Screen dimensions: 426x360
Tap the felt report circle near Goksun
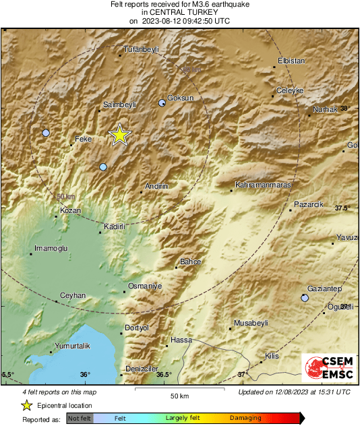point(162,103)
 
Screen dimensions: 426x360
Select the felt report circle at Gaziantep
point(305,297)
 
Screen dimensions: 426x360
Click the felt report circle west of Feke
point(46,133)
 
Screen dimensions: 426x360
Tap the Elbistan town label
point(291,61)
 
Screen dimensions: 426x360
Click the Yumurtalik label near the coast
point(71,345)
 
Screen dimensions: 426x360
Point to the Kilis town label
point(272,355)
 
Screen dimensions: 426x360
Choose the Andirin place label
point(156,186)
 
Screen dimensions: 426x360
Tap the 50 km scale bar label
point(178,396)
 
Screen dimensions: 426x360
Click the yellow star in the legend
point(26,406)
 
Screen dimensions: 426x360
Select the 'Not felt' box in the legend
point(80,418)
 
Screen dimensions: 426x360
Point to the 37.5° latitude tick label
point(342,208)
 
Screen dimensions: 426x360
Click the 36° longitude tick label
point(85,375)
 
